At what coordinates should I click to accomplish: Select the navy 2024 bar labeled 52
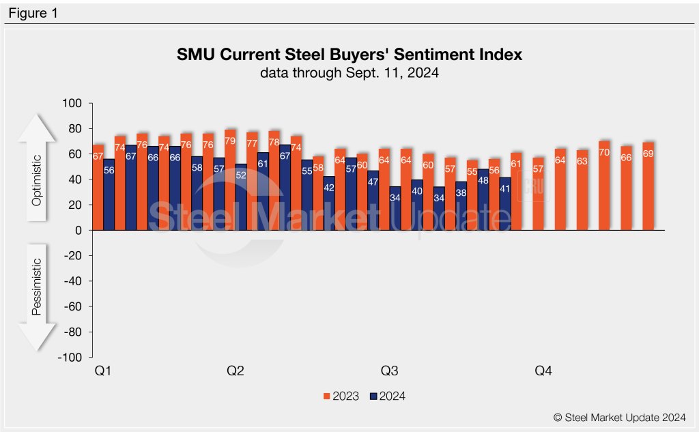click(x=241, y=197)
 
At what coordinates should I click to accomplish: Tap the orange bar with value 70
click(x=604, y=186)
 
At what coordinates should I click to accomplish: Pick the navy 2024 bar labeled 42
click(x=329, y=203)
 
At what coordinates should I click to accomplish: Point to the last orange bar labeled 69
click(x=648, y=186)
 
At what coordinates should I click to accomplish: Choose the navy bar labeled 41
click(x=505, y=204)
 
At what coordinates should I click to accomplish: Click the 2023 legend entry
click(x=341, y=396)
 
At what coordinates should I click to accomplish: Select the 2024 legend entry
click(x=387, y=396)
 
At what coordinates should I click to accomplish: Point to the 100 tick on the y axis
click(x=72, y=104)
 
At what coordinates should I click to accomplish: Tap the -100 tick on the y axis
click(x=70, y=358)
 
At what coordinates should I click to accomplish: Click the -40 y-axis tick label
click(x=72, y=281)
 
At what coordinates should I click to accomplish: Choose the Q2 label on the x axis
click(x=235, y=371)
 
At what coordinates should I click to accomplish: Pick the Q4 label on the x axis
click(x=543, y=371)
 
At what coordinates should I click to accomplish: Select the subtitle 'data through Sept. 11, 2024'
click(x=349, y=73)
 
